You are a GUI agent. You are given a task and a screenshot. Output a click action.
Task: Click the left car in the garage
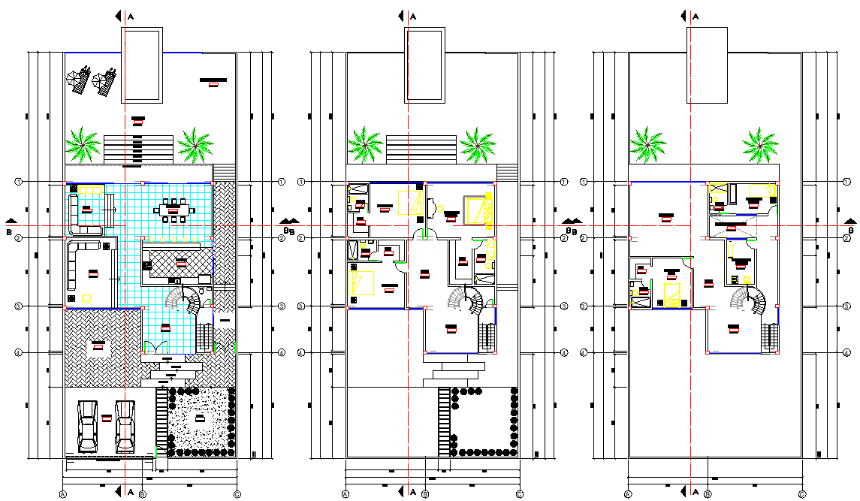pyautogui.click(x=88, y=426)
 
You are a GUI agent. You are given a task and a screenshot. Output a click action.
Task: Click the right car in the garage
pyautogui.click(x=125, y=426)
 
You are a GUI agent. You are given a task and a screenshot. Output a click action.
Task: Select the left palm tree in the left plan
pyautogui.click(x=83, y=143)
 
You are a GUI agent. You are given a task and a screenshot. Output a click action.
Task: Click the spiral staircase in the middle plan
pyautogui.click(x=466, y=303)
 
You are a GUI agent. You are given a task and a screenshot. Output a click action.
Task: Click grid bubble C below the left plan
pyautogui.click(x=237, y=494)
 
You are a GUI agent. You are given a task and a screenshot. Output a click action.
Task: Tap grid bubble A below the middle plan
pyautogui.click(x=346, y=494)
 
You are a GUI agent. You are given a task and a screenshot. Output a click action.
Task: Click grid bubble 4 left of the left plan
pyautogui.click(x=18, y=352)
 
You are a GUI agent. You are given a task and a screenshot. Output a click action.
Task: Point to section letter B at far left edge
pyautogui.click(x=9, y=231)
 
